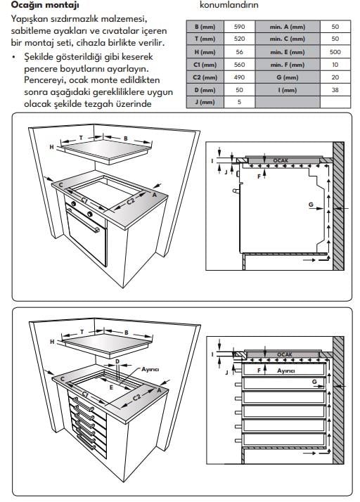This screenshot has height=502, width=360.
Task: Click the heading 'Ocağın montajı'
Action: click(45, 5)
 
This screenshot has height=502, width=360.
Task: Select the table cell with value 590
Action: click(239, 27)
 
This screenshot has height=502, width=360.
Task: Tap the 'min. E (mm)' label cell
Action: click(288, 52)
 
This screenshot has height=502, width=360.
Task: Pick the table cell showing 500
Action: click(335, 52)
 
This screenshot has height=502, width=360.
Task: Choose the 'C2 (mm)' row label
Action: click(205, 77)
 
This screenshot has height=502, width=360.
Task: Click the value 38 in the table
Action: click(335, 90)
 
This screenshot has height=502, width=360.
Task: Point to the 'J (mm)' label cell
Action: click(205, 102)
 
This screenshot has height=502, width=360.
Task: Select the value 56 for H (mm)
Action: click(239, 52)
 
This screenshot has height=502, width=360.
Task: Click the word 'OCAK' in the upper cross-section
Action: click(281, 160)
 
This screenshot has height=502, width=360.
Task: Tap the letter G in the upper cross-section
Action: click(311, 205)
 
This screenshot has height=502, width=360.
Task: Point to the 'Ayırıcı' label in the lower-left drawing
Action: click(150, 369)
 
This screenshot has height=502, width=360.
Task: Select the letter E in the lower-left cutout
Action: click(111, 387)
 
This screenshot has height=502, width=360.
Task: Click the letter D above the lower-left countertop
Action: click(117, 361)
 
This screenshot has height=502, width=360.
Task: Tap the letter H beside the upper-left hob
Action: click(51, 147)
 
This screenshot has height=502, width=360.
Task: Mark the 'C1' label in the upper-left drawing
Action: click(84, 200)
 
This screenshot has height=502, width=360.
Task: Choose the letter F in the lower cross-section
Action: click(259, 371)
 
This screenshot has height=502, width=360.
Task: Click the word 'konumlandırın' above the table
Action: click(229, 5)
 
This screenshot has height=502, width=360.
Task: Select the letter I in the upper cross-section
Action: click(212, 161)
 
